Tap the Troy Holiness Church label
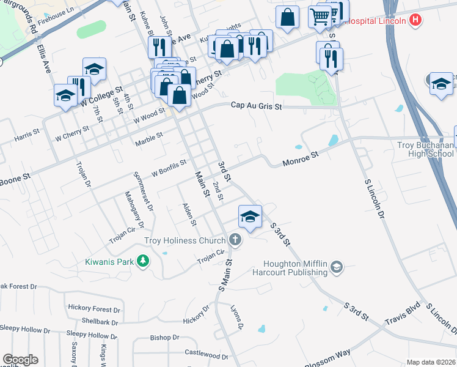click(185, 240)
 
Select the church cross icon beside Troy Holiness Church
click(235, 240)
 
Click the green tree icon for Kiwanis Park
click(143, 262)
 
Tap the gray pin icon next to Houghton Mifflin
click(337, 267)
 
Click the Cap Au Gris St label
click(257, 106)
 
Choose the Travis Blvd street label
click(403, 313)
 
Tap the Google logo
click(20, 360)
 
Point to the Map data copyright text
click(431, 362)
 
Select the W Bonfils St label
click(169, 168)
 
